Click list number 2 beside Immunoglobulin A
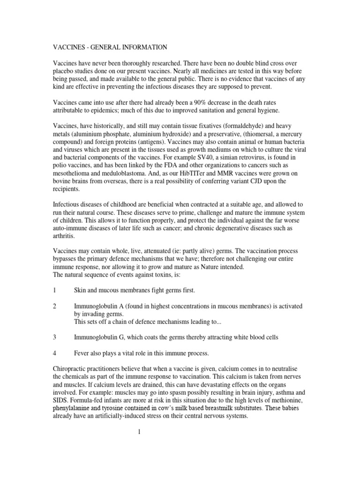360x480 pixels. (x=55, y=306)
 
